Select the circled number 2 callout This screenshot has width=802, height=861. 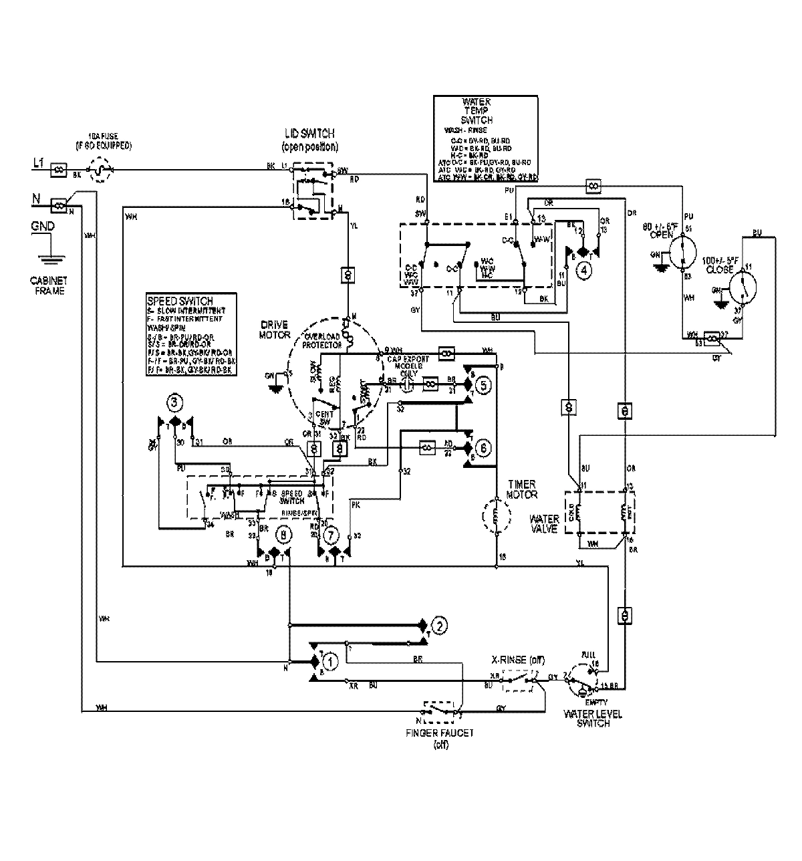(x=438, y=626)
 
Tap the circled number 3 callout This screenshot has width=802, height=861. (x=174, y=402)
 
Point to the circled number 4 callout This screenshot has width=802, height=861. (x=584, y=271)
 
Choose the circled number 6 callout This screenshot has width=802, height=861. (x=484, y=449)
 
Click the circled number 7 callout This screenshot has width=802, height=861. (x=330, y=535)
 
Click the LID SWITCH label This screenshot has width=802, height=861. (x=309, y=134)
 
